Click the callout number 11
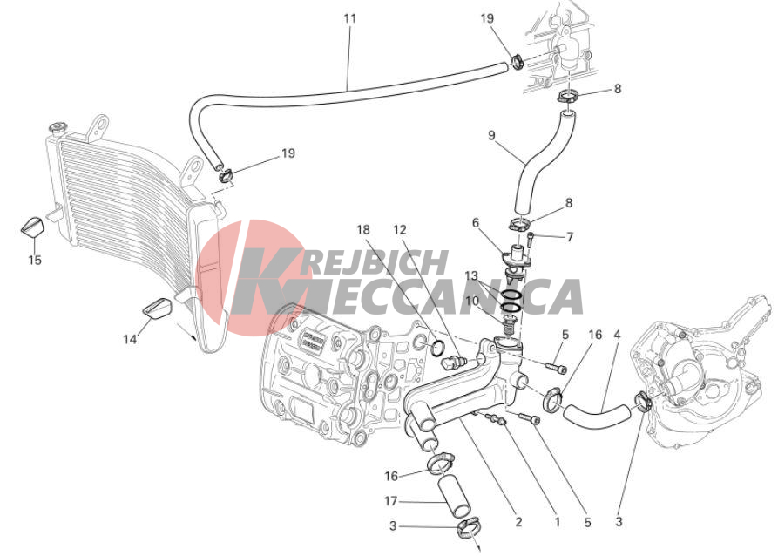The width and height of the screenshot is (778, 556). tap(350, 18)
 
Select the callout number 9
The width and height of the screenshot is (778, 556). tap(491, 135)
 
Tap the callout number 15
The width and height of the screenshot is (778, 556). tap(35, 260)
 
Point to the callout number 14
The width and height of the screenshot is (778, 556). tap(130, 339)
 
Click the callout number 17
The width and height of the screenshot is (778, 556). tap(391, 501)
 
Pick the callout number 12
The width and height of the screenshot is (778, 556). tap(399, 230)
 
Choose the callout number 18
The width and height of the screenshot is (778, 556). tap(363, 230)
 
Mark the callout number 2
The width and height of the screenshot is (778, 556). tap(518, 522)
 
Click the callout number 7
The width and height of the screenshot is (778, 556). tap(570, 237)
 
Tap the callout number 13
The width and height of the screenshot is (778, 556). tap(471, 275)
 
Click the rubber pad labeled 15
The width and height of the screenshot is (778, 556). tap(33, 227)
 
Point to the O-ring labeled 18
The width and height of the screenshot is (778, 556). tap(436, 348)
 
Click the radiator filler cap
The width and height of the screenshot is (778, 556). tap(58, 128)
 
